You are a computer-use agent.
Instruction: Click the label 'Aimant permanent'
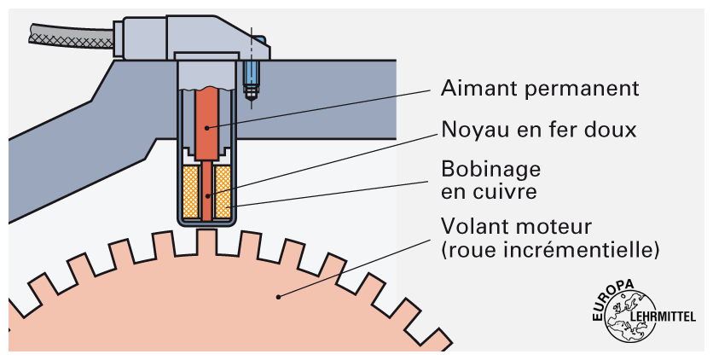pos(539,88)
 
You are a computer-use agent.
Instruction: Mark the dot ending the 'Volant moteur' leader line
pos(278,297)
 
